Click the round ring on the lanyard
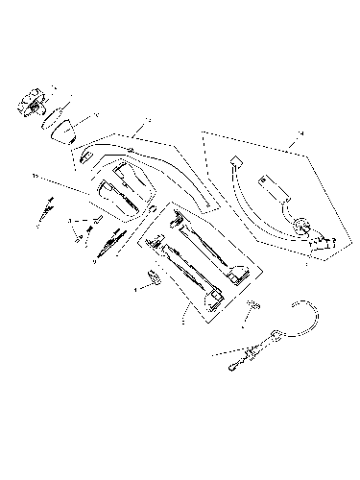pyautogui.click(x=276, y=335)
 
